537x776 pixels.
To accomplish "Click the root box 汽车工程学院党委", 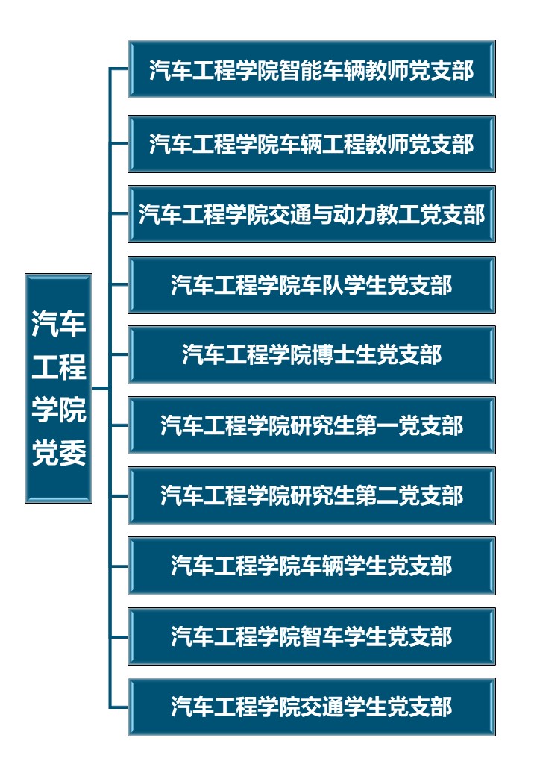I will [58, 388].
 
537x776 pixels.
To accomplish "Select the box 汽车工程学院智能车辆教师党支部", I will [311, 69].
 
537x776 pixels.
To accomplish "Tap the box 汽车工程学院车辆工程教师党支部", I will [311, 143].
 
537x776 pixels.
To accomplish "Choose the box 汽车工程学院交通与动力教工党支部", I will [311, 214].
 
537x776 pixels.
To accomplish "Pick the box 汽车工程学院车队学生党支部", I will [311, 284].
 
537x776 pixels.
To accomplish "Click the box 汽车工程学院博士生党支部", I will [311, 354].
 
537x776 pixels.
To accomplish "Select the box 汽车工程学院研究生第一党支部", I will [311, 425].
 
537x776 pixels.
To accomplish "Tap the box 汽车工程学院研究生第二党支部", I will [311, 495].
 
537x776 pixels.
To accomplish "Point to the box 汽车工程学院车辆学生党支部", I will [311, 566].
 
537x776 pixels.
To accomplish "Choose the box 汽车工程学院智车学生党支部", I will [311, 636].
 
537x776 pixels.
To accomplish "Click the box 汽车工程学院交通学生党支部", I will [311, 707].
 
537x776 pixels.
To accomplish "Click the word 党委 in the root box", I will [58, 452].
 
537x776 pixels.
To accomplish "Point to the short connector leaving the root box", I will [101, 388].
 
